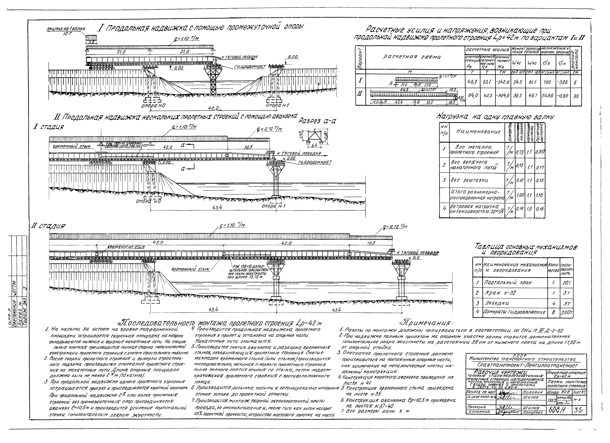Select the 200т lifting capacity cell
coord(567,312)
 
